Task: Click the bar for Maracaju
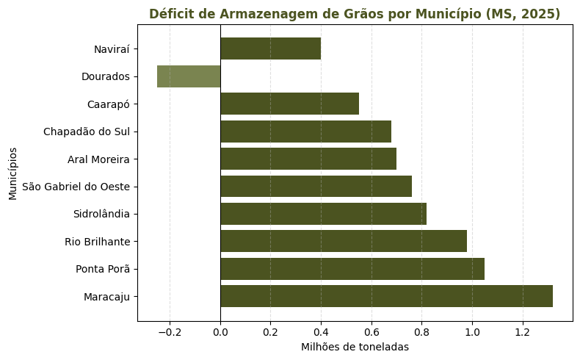pos(386,296)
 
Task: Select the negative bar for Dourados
pos(189,76)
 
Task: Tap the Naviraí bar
pos(270,49)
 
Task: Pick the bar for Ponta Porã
pos(352,269)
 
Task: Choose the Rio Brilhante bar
pos(344,241)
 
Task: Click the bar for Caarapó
pos(289,104)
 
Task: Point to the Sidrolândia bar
pos(323,214)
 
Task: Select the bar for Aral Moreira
pos(308,159)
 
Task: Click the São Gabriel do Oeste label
pos(76,187)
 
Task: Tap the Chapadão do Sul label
pos(87,132)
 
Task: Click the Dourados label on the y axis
pos(106,76)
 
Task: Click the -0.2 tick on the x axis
pos(170,332)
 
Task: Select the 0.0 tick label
pos(220,332)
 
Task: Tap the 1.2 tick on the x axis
pos(523,332)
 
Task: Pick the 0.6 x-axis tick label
pos(371,332)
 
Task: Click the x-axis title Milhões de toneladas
pos(355,347)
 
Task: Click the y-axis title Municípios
pos(13,173)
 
